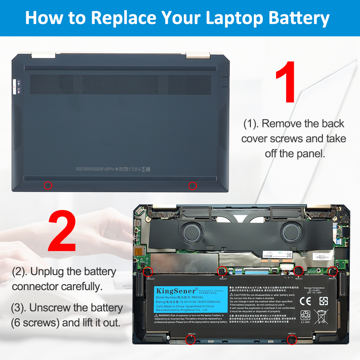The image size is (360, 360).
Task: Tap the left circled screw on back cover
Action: coord(48,185)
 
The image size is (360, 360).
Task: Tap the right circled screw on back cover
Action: coord(193,185)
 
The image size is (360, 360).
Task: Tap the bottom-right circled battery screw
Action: coord(292,339)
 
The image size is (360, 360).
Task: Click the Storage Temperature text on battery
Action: coord(314,288)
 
